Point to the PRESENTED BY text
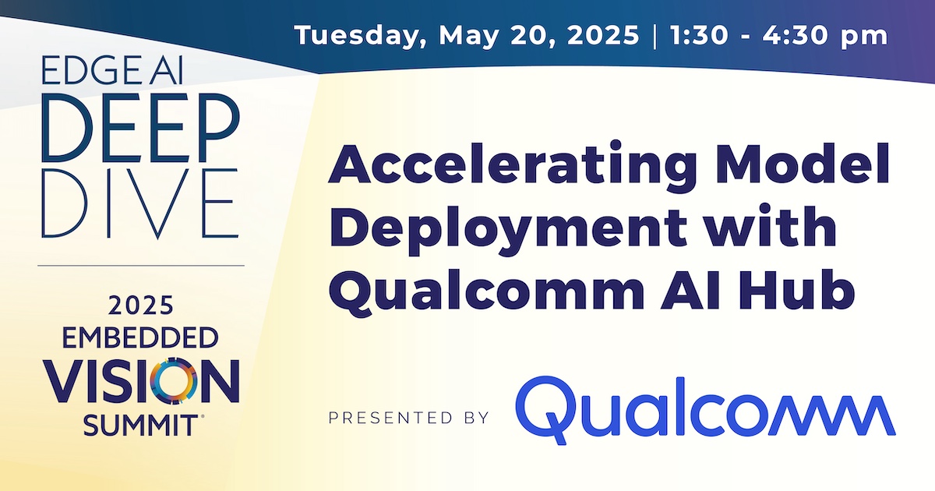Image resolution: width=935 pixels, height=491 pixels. pos(408,418)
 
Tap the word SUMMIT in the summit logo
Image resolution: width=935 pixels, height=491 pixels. pos(139,425)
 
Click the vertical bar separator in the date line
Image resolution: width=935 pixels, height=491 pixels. pos(650,36)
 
